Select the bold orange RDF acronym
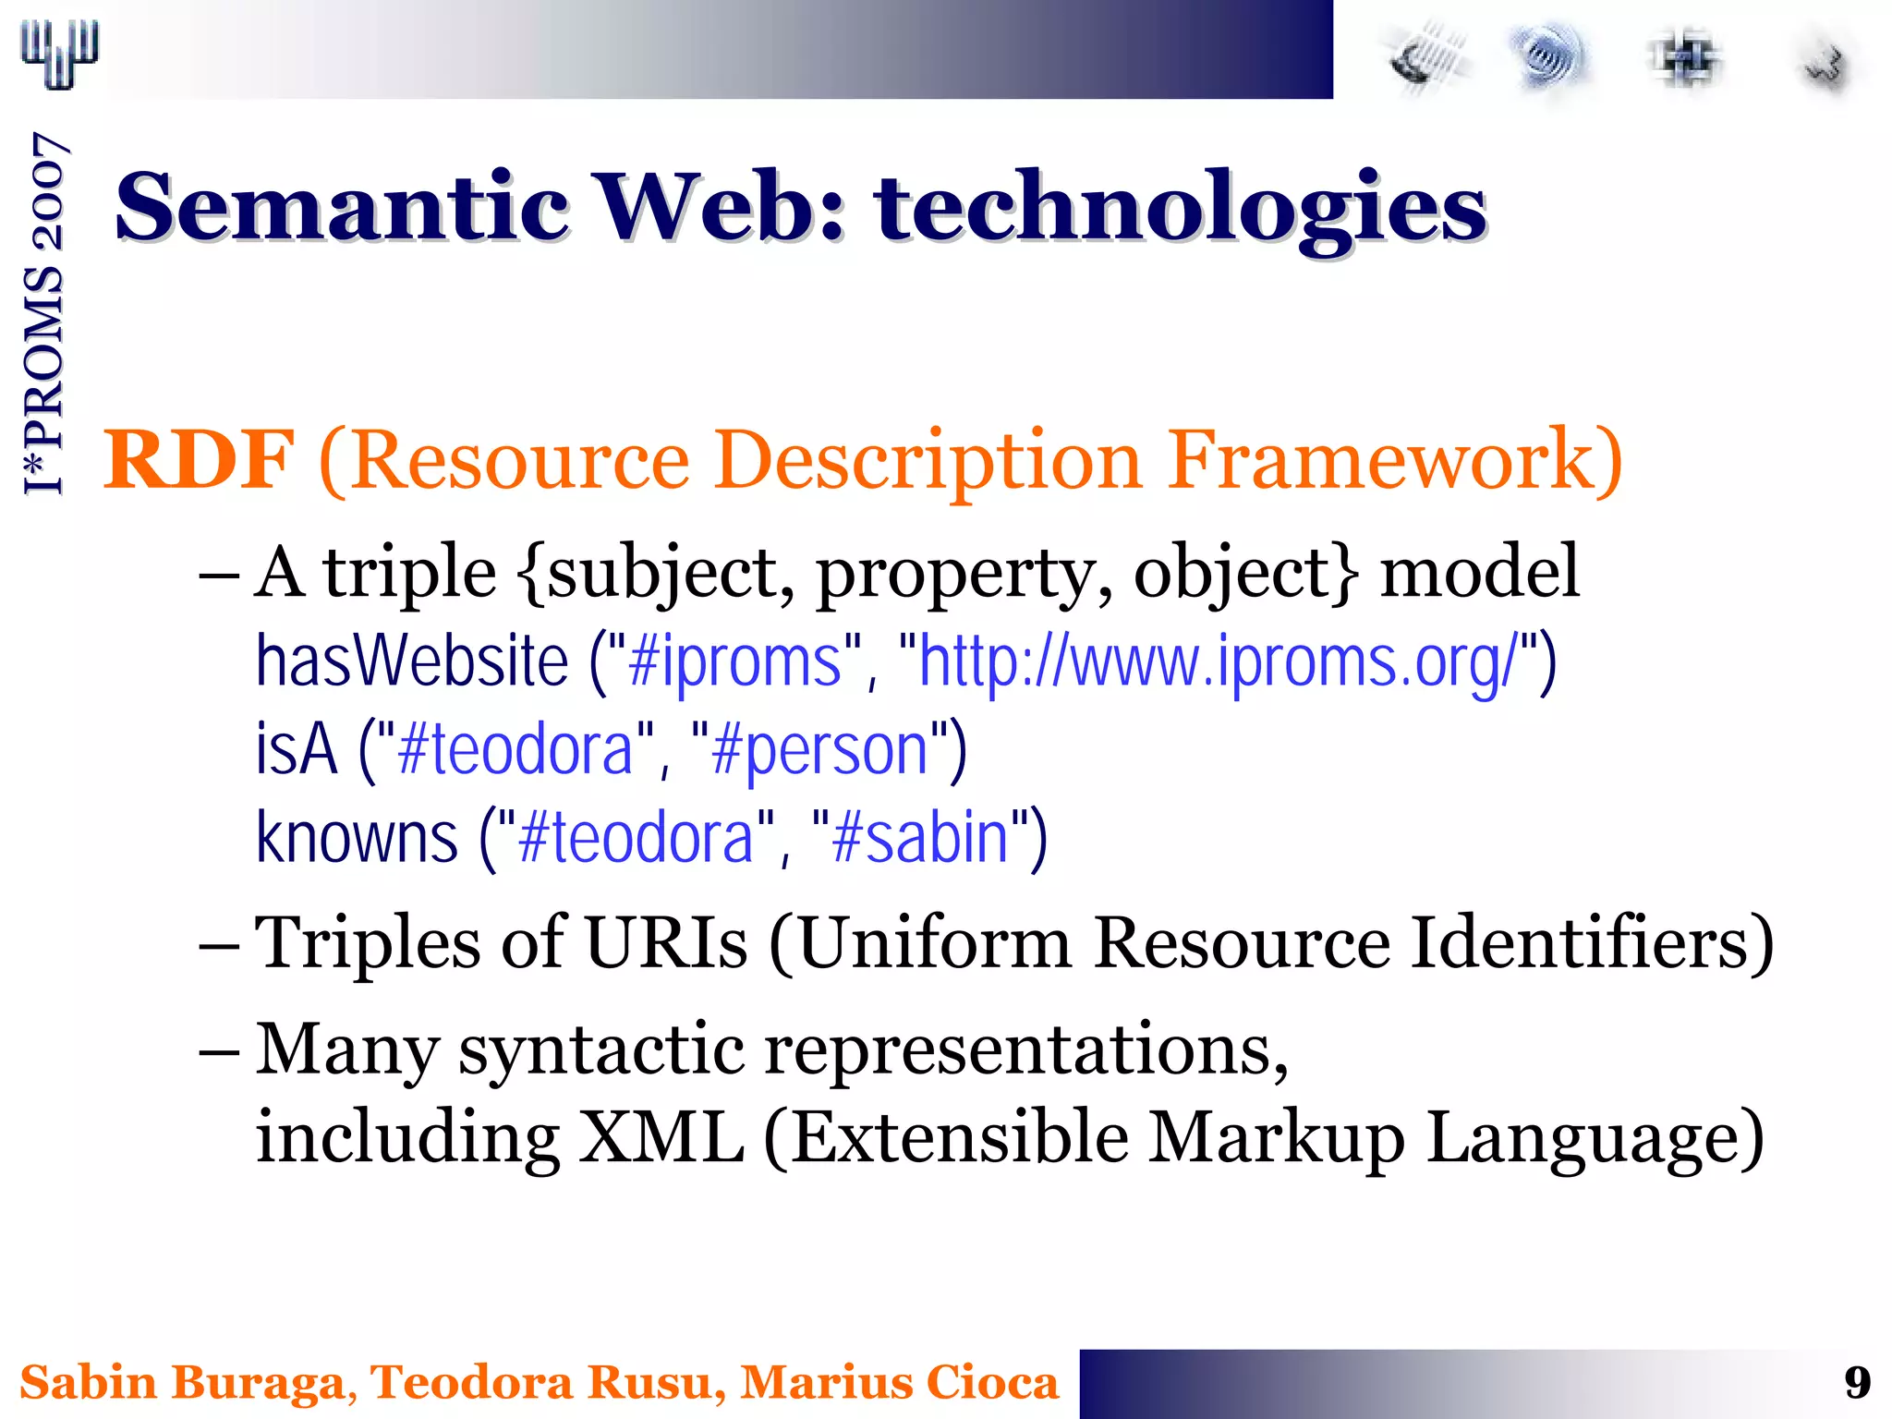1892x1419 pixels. [x=198, y=459]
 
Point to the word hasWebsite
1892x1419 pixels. [x=411, y=661]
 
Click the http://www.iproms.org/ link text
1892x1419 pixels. [x=1218, y=661]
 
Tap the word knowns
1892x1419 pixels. [x=357, y=837]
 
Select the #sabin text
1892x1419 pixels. [x=919, y=837]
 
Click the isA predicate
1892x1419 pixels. [x=296, y=749]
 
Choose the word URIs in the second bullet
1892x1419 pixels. [x=666, y=944]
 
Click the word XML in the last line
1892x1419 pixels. [x=661, y=1137]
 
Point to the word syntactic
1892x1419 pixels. [x=601, y=1050]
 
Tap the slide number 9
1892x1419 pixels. [x=1857, y=1383]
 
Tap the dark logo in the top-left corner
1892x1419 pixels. [x=59, y=55]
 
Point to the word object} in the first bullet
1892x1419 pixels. [x=1245, y=574]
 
